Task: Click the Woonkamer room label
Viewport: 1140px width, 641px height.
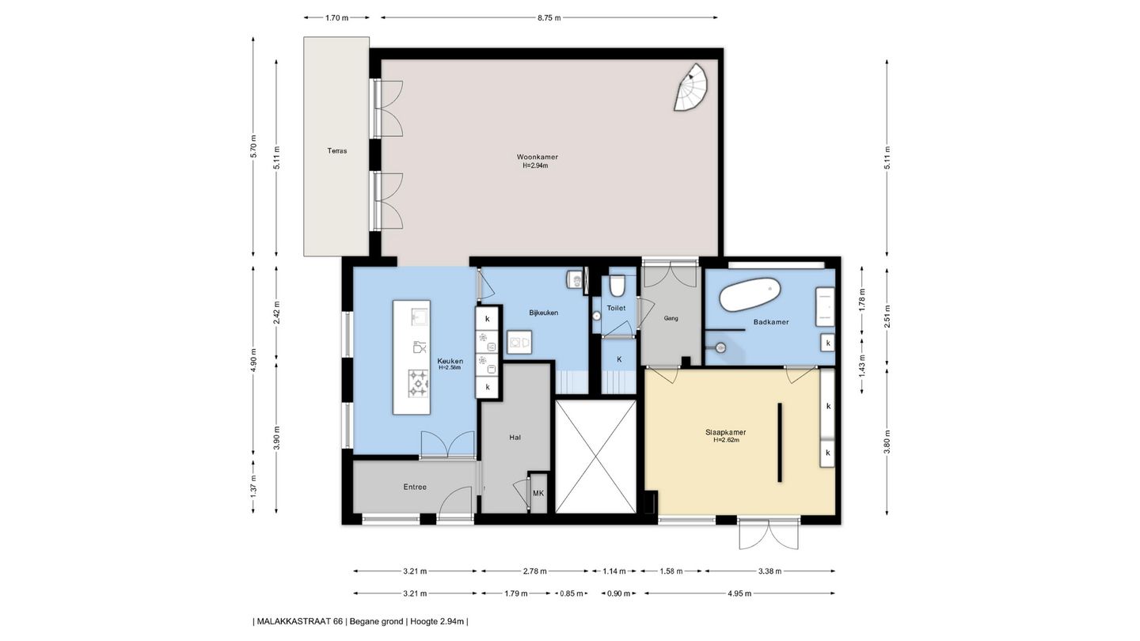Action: coord(537,157)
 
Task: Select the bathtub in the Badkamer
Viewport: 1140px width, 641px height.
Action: coord(750,294)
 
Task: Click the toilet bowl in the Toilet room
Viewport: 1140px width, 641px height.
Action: coord(617,286)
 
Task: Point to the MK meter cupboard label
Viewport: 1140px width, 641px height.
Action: coord(538,493)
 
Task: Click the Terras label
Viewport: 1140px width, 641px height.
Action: coord(337,150)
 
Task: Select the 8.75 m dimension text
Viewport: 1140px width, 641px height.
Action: coord(549,17)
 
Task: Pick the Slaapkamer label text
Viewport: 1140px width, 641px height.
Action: coord(726,432)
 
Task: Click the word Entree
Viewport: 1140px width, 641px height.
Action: coord(415,487)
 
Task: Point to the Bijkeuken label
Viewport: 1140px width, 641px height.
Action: coord(544,313)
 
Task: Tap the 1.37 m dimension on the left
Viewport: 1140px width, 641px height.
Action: coord(253,486)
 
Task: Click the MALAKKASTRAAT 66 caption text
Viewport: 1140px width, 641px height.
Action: coord(300,621)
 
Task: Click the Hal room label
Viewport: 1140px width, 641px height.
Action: coord(515,437)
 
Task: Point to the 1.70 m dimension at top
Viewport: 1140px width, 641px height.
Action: coord(337,17)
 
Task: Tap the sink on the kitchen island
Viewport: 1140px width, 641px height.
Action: coord(419,316)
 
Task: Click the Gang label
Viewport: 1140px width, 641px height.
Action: coord(671,318)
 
